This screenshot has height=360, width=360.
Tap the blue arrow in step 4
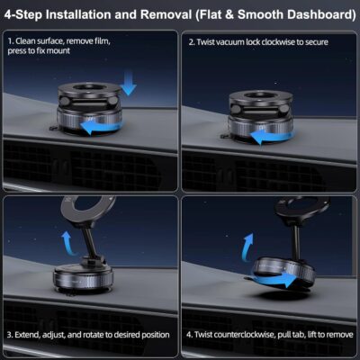pyautogui.click(x=283, y=280)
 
